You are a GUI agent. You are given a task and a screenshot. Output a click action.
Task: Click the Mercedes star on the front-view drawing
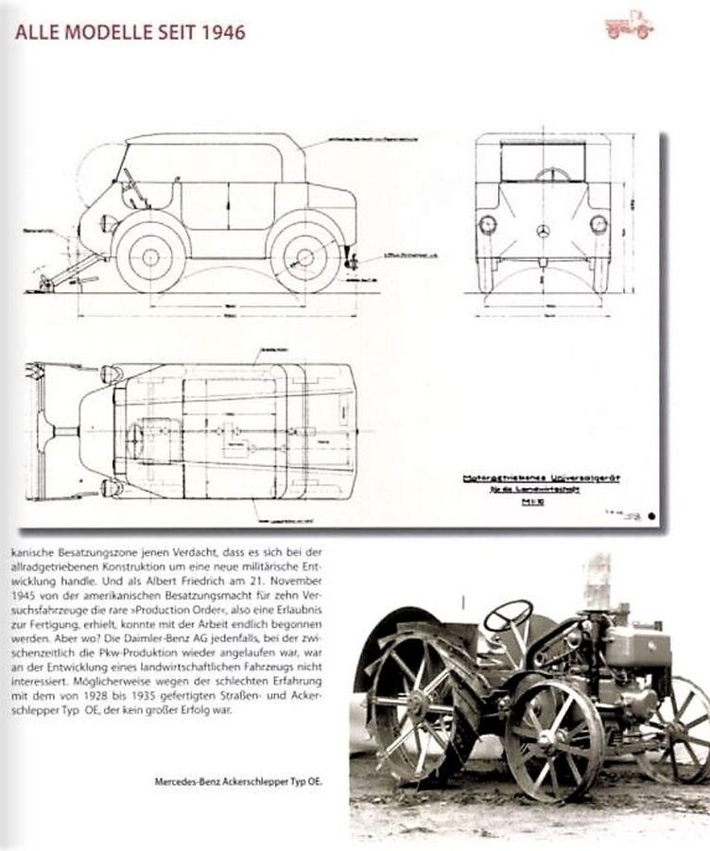542,232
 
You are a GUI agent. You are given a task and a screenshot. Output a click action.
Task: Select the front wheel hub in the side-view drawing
147,255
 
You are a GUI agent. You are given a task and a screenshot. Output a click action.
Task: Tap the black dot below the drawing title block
652,515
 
